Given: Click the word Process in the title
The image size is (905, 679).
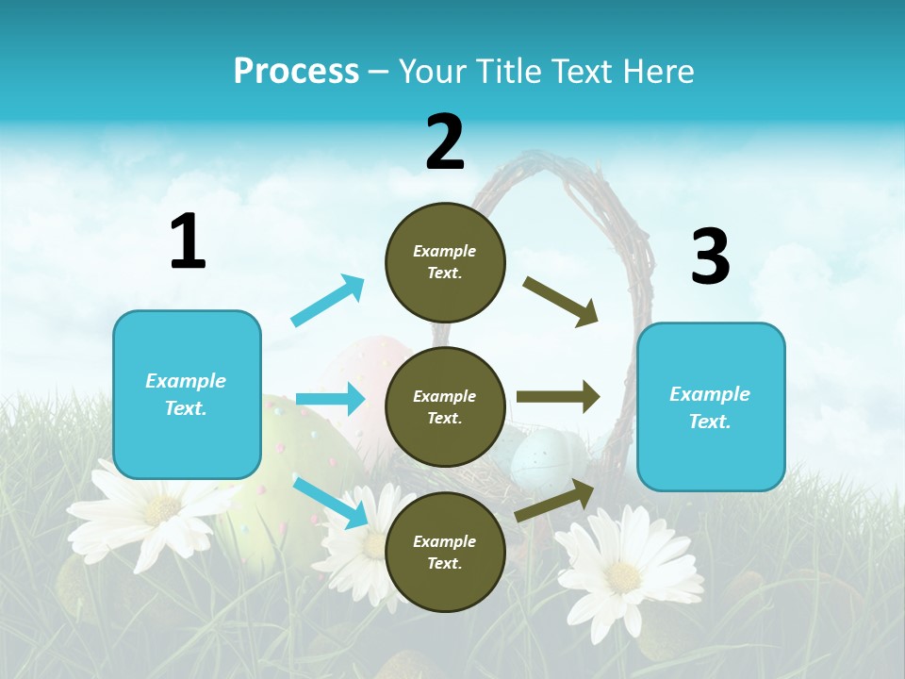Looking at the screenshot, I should [x=296, y=71].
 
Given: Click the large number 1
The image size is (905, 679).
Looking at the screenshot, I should [x=188, y=241].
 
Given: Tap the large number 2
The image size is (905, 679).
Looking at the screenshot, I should [x=445, y=141].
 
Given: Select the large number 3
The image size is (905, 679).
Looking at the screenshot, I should [x=710, y=257].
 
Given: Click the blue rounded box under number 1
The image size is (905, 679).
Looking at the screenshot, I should [x=187, y=394].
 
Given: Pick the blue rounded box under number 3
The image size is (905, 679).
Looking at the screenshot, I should [x=710, y=406].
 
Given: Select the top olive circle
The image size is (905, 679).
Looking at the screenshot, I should [x=445, y=262].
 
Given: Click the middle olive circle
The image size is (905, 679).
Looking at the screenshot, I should [x=445, y=406].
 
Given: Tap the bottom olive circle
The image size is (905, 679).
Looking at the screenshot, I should [x=445, y=552].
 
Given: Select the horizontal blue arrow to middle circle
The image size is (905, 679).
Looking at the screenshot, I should [x=330, y=399].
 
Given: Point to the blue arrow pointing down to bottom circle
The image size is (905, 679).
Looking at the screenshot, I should [x=330, y=502].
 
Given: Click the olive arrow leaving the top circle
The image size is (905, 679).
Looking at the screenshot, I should [x=561, y=301].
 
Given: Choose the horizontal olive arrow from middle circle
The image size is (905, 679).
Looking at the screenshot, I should [x=557, y=397].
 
